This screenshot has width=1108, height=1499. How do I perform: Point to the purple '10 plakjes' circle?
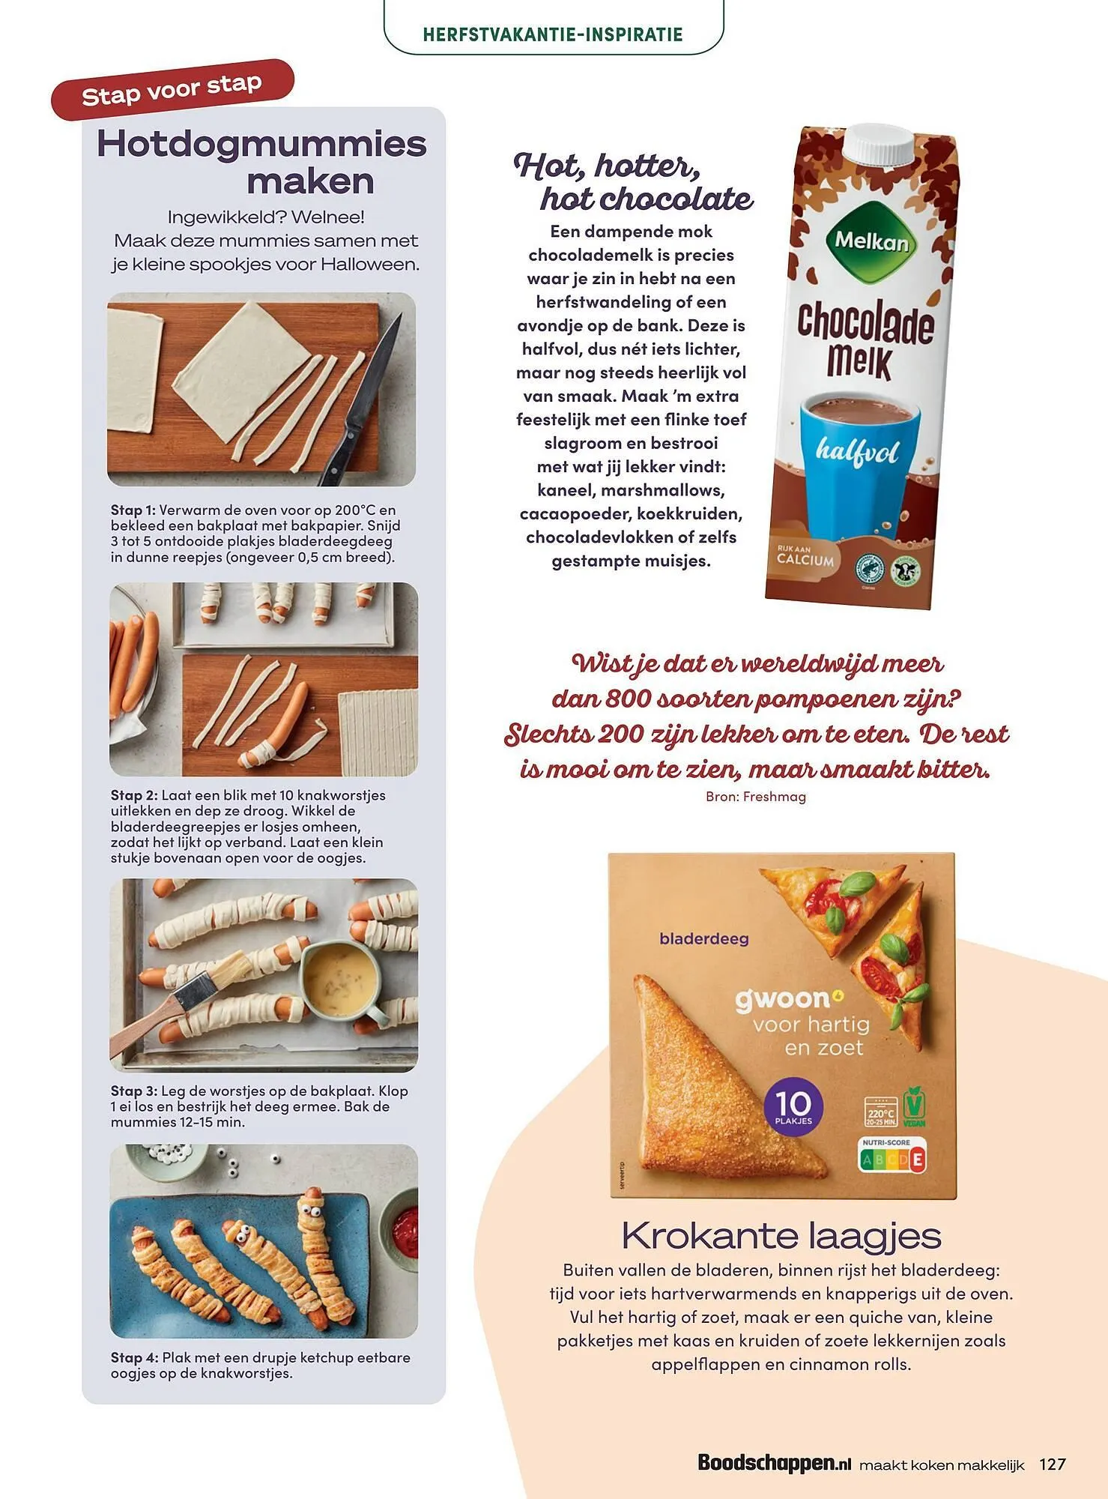793,1107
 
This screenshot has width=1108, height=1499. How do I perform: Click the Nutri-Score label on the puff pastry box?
891,1155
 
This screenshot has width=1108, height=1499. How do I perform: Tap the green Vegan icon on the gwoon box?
914,1106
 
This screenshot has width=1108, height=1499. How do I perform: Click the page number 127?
1052,1463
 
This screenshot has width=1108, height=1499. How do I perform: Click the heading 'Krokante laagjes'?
781,1235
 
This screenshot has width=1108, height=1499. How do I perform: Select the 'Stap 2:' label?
134,795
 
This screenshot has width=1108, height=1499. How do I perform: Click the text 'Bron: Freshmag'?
755,797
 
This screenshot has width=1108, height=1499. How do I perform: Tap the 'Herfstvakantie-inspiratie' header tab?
553,34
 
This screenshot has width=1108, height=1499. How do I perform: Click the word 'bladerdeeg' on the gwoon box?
703,938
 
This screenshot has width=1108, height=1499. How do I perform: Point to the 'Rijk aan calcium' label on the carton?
805,556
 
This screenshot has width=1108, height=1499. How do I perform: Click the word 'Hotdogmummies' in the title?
261,144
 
